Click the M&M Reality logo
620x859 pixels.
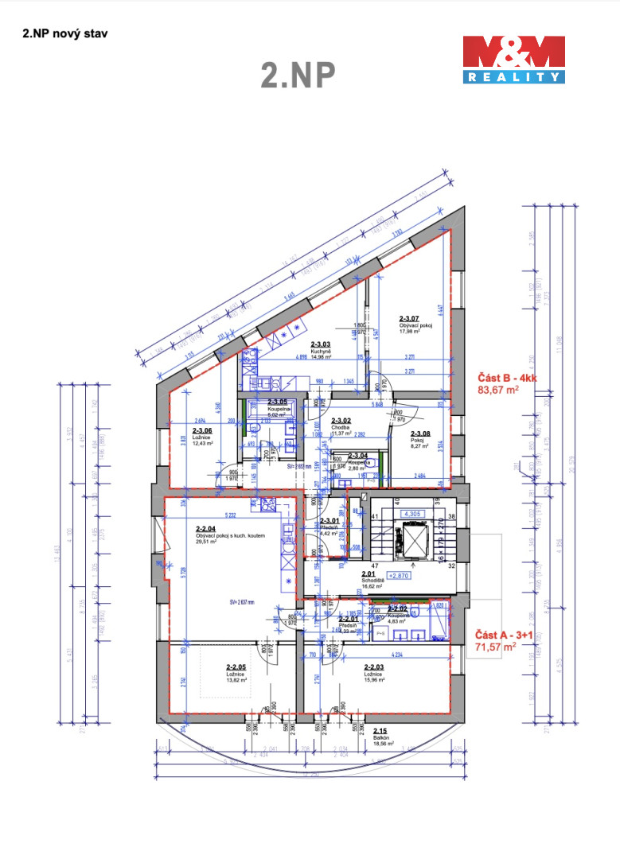click(514, 60)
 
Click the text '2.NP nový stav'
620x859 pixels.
click(64, 34)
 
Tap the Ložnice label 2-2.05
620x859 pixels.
click(237, 674)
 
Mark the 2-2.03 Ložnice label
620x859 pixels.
click(374, 674)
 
